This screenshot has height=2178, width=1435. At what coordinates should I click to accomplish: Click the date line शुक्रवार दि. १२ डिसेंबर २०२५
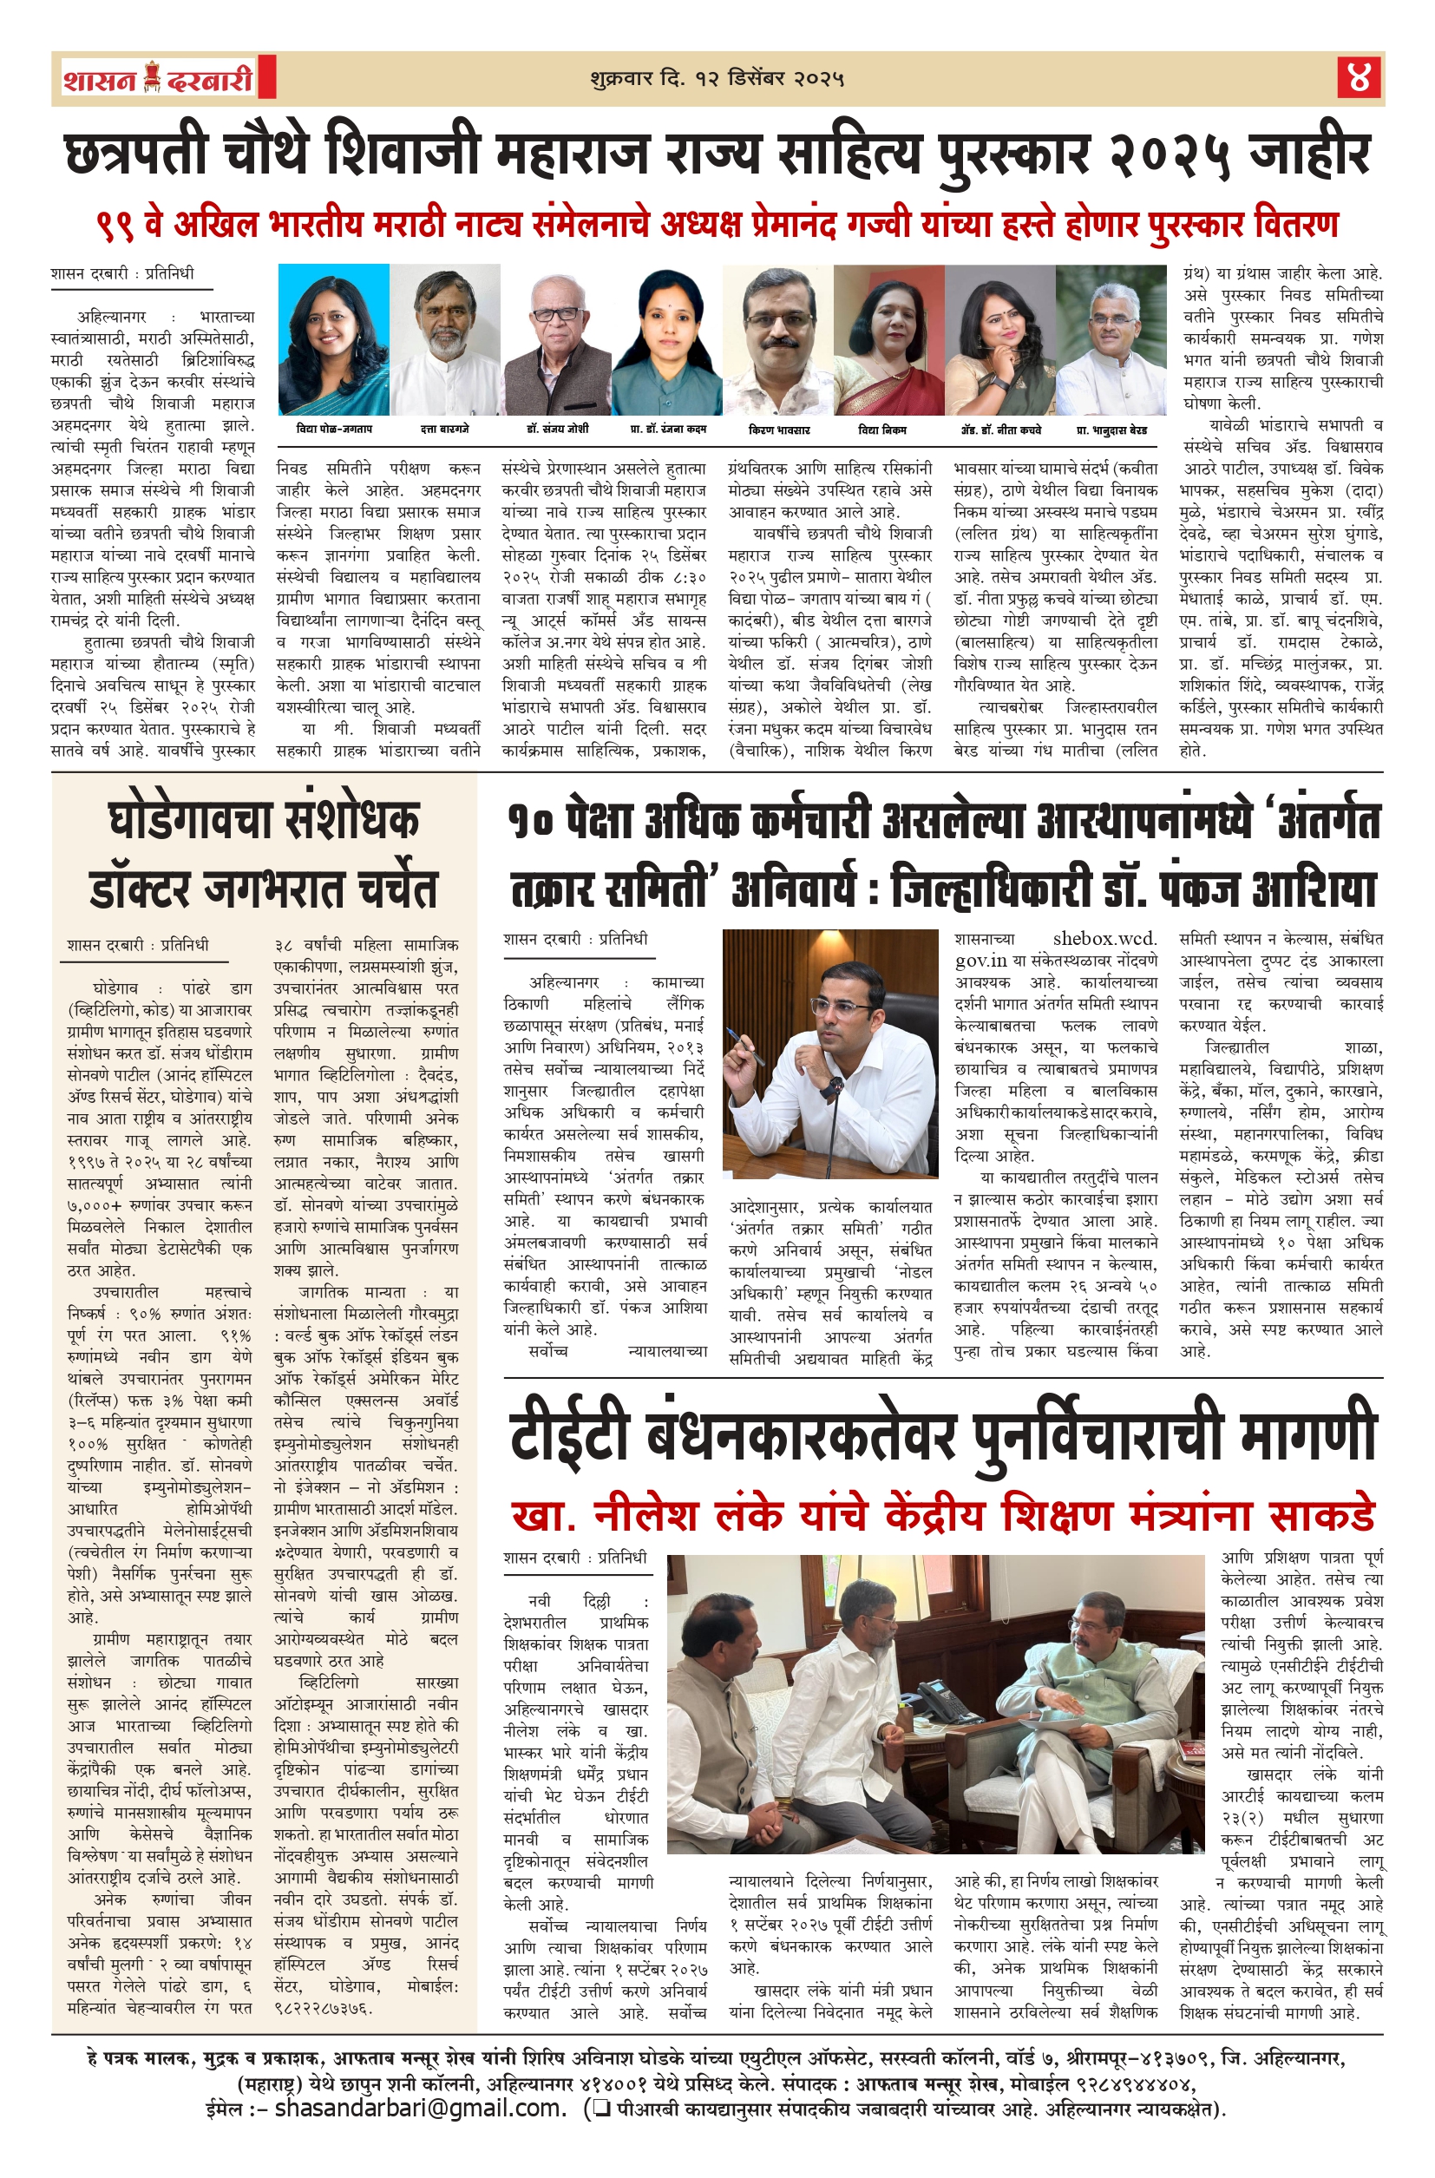pyautogui.click(x=717, y=79)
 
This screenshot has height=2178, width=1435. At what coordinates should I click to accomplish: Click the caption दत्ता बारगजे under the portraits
pyautogui.click(x=445, y=429)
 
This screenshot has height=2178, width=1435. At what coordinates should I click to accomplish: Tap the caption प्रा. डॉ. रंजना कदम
pyautogui.click(x=668, y=429)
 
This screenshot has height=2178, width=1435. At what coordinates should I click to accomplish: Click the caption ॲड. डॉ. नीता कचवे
pyautogui.click(x=1000, y=429)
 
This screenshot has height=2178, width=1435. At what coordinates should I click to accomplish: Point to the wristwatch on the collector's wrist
pyautogui.click(x=832, y=1088)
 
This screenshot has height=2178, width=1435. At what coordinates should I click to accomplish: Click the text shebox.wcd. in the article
pyautogui.click(x=1104, y=939)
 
